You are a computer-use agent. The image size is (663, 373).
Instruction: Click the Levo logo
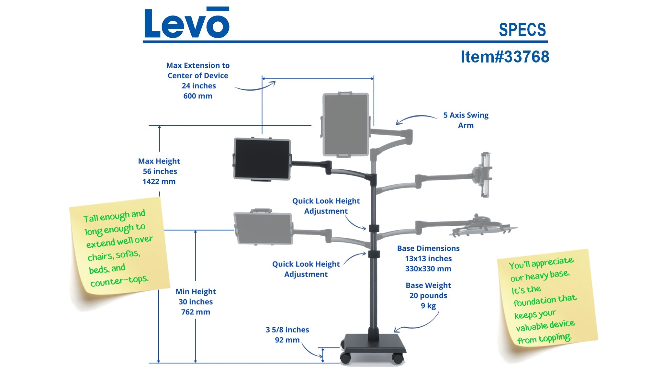coord(186,23)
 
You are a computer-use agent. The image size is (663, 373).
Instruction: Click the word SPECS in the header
coord(522,30)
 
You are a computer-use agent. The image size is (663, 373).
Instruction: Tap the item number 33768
coord(505,57)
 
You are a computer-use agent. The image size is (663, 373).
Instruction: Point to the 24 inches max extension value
coord(198,86)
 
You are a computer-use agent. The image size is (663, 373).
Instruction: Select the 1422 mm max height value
coord(159,182)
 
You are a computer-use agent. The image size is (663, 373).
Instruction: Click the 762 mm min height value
coord(196,312)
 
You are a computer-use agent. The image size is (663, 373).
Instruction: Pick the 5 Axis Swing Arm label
coord(466,120)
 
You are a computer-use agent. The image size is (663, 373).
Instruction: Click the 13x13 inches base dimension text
coord(428,259)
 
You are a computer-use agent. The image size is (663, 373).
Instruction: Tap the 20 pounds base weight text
coord(428,296)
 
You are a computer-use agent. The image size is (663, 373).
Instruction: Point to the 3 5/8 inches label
coord(287,330)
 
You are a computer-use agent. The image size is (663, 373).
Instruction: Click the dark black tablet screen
coord(262,159)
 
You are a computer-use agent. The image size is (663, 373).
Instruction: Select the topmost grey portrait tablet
coord(346,124)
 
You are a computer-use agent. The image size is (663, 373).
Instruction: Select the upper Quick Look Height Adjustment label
coord(326,206)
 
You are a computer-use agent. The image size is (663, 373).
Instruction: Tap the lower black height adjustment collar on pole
coord(374,254)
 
